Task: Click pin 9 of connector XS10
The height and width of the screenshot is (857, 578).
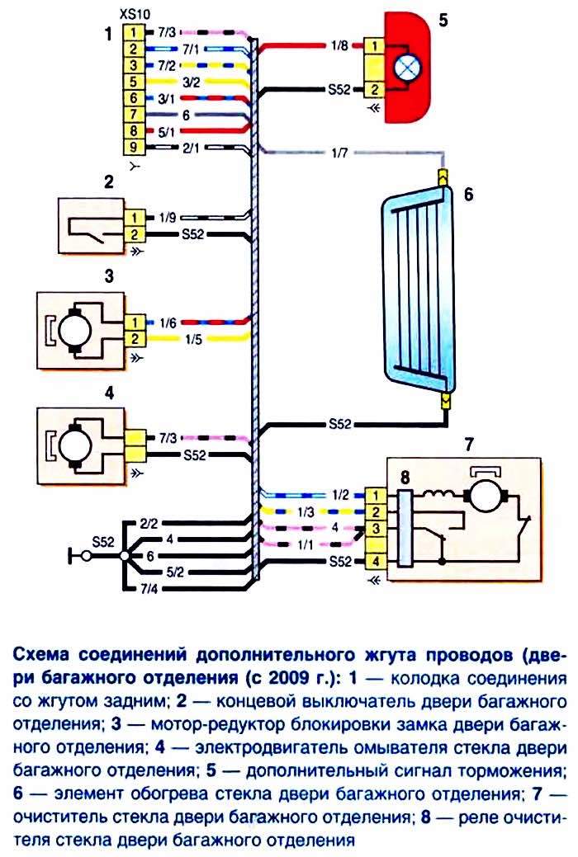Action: click(x=135, y=147)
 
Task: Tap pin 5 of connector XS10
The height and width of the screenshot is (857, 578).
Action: click(x=135, y=82)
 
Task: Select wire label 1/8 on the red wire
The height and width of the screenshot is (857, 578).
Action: click(x=339, y=46)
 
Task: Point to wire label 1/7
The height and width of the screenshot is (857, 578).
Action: click(x=339, y=153)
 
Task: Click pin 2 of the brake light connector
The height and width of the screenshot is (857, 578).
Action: click(x=374, y=89)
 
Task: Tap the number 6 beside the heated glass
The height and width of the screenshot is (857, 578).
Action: click(x=468, y=195)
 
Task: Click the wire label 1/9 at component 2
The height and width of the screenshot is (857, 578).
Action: click(x=168, y=218)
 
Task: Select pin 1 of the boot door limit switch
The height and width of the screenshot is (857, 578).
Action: click(x=135, y=218)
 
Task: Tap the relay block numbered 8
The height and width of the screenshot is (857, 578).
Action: click(x=405, y=528)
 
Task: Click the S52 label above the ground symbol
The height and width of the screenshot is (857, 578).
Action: click(x=103, y=542)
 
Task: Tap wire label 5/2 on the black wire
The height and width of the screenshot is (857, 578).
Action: click(x=174, y=572)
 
